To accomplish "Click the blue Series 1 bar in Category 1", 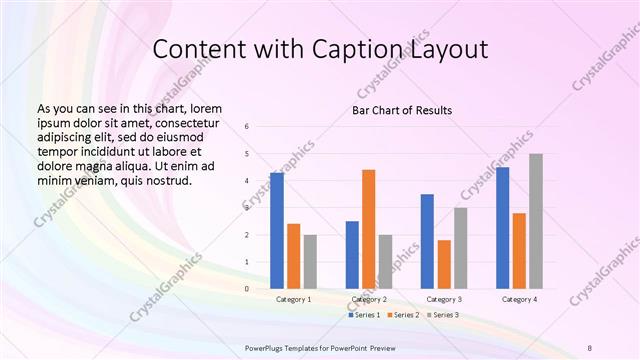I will click(277, 231).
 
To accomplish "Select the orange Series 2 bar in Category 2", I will click(369, 229).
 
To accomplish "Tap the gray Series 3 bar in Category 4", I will click(536, 221).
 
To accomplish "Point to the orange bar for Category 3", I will click(444, 264).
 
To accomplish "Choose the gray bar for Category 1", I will click(310, 262).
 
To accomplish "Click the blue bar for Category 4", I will click(503, 228).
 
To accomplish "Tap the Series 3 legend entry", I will click(445, 315).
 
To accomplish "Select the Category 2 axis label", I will click(369, 300).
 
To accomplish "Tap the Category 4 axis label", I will click(520, 300).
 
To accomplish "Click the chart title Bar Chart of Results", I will click(401, 109).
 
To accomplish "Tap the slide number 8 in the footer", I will click(589, 347).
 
